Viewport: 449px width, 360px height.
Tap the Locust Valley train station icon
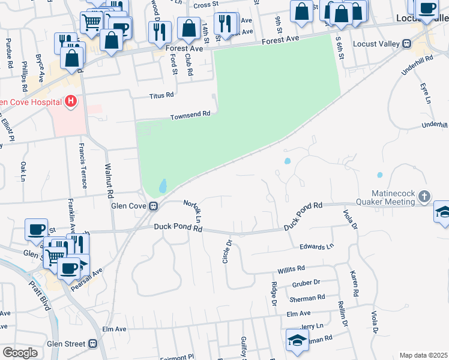point(406,43)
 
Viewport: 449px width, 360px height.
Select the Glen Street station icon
point(92,343)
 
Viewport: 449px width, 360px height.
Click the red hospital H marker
point(71,101)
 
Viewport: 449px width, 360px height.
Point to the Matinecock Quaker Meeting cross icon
point(424,196)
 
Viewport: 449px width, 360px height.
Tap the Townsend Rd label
point(190,115)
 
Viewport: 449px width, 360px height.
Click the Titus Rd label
point(161,95)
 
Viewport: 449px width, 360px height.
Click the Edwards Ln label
point(316,247)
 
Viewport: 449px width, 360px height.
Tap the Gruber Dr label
point(307,282)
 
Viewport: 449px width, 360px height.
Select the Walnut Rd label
point(109,181)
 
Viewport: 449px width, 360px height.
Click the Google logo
point(20,353)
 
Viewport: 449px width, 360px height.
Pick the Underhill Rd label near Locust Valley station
point(418,70)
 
